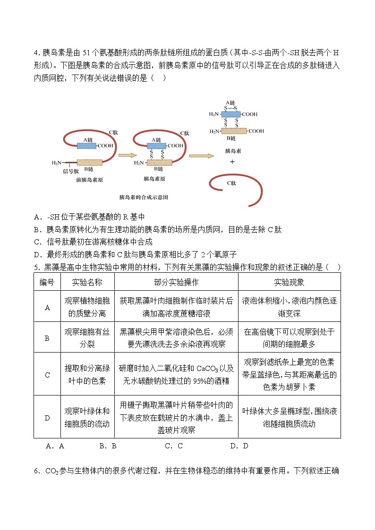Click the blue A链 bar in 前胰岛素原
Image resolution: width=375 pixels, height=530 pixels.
tap(87, 146)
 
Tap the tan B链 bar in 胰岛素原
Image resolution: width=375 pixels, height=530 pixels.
tap(159, 163)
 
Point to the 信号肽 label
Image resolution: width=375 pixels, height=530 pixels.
tap(71, 171)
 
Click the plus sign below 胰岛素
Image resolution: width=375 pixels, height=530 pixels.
tap(231, 161)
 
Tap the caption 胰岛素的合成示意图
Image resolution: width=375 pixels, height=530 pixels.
tap(144, 197)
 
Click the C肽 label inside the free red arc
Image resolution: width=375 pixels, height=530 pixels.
tap(231, 183)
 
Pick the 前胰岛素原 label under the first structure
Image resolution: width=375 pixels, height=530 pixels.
tap(89, 180)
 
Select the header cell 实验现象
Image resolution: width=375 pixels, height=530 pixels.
tap(289, 282)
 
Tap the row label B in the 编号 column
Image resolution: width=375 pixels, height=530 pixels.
tap(47, 338)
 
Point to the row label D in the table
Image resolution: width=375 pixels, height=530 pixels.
tap(47, 417)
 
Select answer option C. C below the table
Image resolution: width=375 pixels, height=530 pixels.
tap(173, 446)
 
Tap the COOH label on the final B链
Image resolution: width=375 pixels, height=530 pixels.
tap(256, 131)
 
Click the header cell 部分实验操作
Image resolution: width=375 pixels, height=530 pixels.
tap(176, 282)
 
